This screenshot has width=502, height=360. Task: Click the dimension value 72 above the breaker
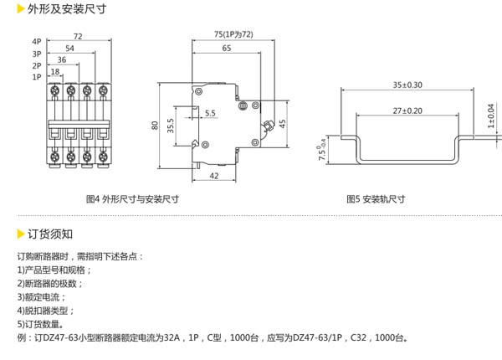pyautogui.click(x=77, y=36)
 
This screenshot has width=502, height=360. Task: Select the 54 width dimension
pyautogui.click(x=69, y=49)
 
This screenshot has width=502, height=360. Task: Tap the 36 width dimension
pyautogui.click(x=62, y=60)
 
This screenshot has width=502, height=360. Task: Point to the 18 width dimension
pyautogui.click(x=54, y=72)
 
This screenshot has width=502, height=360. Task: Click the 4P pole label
pyautogui.click(x=37, y=41)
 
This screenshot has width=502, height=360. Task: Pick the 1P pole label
pyautogui.click(x=37, y=76)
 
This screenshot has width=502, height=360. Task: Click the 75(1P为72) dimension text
pyautogui.click(x=222, y=34)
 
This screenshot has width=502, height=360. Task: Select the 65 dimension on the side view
pyautogui.click(x=227, y=49)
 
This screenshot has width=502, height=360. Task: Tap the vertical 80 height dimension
pyautogui.click(x=155, y=125)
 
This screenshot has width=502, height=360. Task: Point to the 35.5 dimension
pyautogui.click(x=170, y=125)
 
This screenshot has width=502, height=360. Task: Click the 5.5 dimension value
pyautogui.click(x=209, y=112)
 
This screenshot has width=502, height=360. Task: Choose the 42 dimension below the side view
pyautogui.click(x=214, y=175)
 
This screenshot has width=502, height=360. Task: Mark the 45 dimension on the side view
pyautogui.click(x=283, y=123)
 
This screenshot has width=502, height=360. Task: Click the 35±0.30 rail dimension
pyautogui.click(x=407, y=85)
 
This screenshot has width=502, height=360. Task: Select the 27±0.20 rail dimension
pyautogui.click(x=407, y=111)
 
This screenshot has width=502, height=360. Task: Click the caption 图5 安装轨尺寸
pyautogui.click(x=376, y=199)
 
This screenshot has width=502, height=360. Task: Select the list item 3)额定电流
pyautogui.click(x=41, y=296)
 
